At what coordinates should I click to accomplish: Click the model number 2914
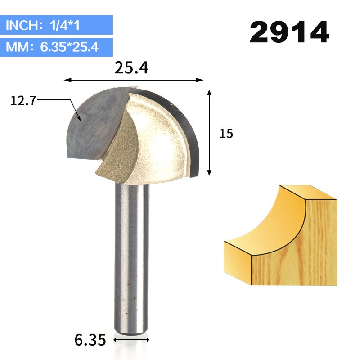point(289,32)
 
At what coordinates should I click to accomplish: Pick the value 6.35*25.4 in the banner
point(69,46)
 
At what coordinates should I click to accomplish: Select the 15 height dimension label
point(226,134)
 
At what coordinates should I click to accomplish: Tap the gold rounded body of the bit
point(153,144)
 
